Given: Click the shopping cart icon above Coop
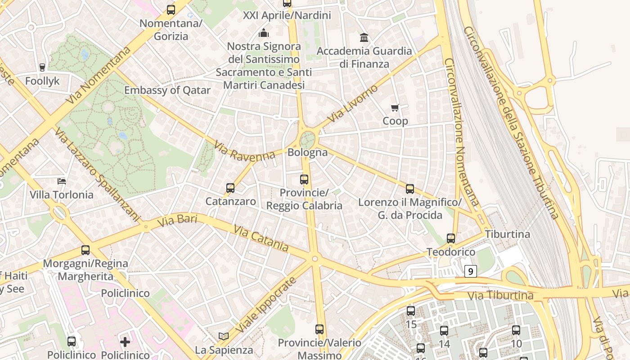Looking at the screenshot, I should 395,108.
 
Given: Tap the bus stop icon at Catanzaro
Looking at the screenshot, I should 230,188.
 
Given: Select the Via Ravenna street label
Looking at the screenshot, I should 245,151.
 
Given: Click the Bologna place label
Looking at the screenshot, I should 307,152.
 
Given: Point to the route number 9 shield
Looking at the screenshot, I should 470,271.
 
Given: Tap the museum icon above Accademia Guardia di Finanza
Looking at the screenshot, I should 364,37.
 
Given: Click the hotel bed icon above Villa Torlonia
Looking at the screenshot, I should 62,181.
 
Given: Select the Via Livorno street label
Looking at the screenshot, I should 353,103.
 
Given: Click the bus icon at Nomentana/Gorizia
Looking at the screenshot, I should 171,9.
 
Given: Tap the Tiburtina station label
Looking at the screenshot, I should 507,234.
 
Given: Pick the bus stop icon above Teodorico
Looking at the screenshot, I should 451,238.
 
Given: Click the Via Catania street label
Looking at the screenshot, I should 261,238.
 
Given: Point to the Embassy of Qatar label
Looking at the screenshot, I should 167,90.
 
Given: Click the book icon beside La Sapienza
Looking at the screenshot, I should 224,336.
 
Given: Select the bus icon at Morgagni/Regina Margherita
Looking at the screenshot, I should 85,250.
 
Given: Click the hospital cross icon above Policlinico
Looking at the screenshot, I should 125,342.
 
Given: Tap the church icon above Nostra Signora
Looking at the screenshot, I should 264,33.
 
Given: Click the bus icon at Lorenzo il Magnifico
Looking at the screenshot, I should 409,189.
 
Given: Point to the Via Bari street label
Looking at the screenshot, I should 172,220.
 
